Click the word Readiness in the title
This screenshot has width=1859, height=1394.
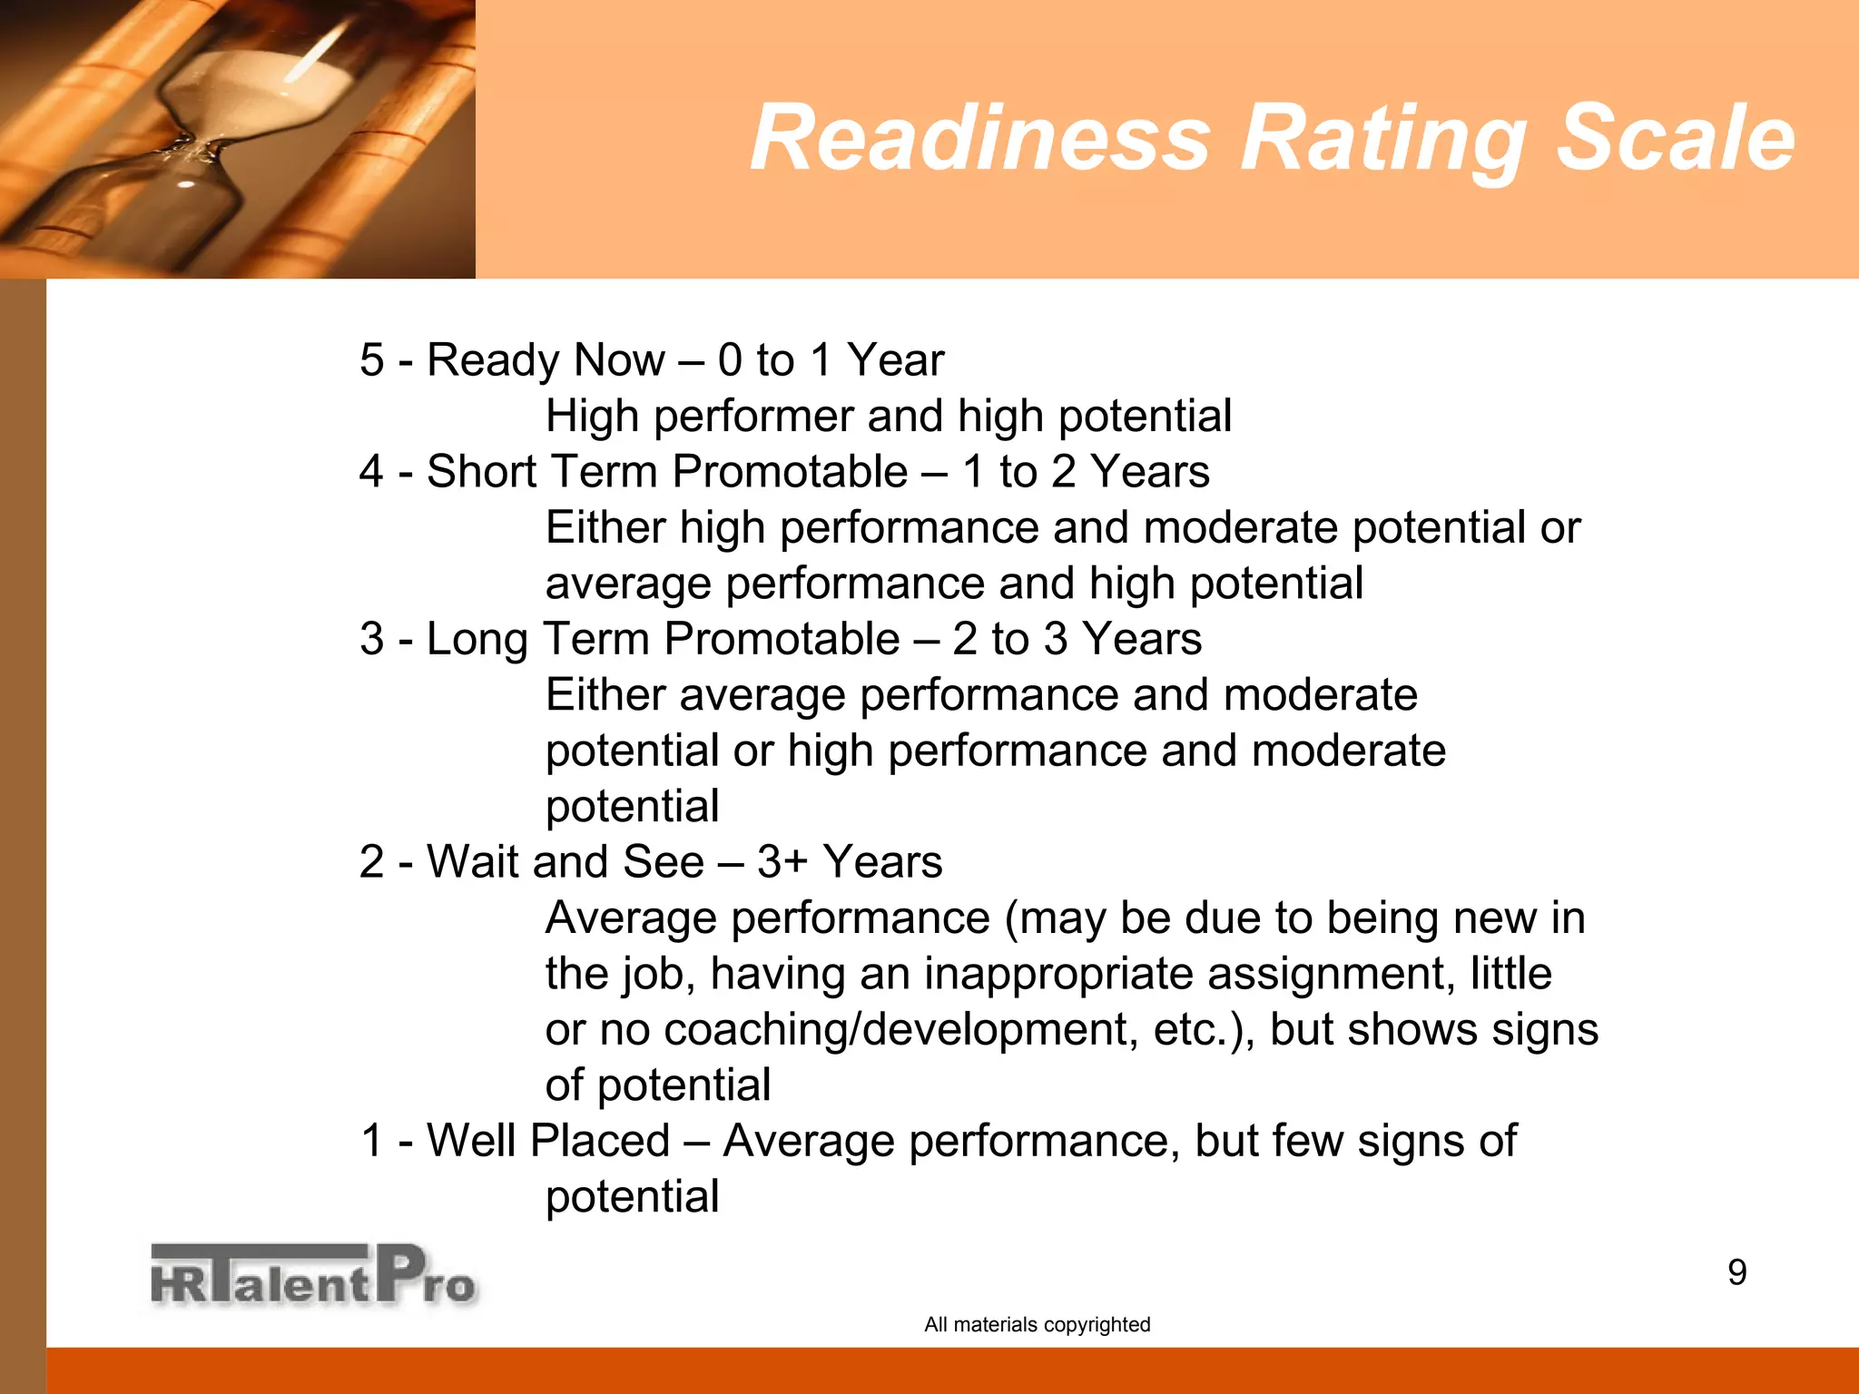click(x=980, y=138)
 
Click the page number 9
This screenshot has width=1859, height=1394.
click(x=1736, y=1272)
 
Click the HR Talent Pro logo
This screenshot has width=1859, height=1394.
click(x=313, y=1275)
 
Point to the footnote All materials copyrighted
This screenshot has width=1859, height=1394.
click(x=1037, y=1324)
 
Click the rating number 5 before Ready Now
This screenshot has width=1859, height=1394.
click(x=371, y=360)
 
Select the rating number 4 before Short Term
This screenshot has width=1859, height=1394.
click(x=371, y=472)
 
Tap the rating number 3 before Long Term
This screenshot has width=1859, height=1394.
click(x=371, y=639)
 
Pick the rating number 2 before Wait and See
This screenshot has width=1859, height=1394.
click(x=371, y=862)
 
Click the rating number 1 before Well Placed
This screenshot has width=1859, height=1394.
click(x=372, y=1141)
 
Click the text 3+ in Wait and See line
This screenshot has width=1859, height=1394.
click(x=782, y=862)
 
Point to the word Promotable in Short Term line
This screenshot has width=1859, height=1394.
click(x=790, y=472)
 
